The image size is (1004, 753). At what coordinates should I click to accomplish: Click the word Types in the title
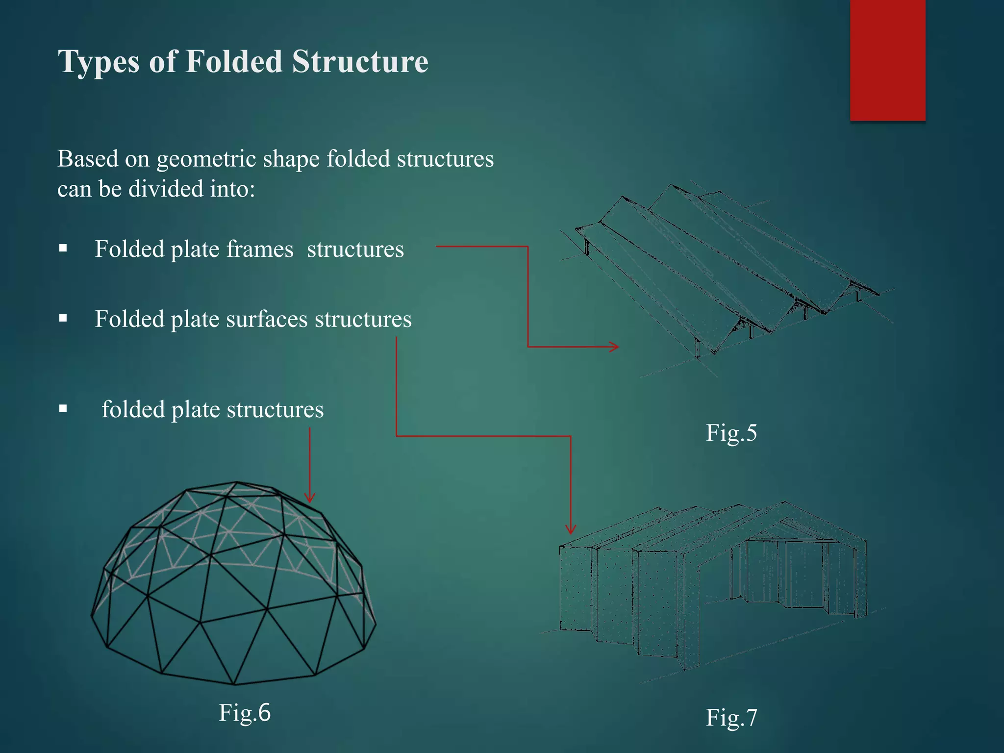[99, 62]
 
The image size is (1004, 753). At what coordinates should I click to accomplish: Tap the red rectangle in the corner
[887, 60]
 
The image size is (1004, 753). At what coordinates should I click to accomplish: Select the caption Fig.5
[731, 433]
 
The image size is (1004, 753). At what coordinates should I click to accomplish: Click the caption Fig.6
[245, 712]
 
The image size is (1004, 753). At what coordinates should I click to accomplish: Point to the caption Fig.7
[731, 718]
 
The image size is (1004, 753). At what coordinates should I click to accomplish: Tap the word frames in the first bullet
[260, 249]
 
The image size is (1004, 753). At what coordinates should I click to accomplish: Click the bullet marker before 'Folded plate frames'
[63, 249]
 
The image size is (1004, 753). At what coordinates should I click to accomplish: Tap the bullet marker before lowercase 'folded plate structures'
[63, 408]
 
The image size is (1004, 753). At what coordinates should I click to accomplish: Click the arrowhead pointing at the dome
[309, 498]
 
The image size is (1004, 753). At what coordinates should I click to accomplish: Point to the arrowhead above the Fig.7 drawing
[571, 529]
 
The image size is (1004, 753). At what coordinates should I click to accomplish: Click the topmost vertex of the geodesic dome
[237, 482]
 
